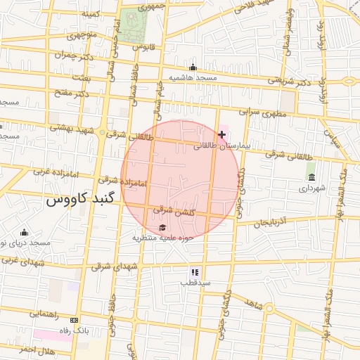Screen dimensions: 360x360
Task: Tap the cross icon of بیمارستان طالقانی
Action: (222, 134)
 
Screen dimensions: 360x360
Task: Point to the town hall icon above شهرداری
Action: (311, 176)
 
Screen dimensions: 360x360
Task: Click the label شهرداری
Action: (312, 188)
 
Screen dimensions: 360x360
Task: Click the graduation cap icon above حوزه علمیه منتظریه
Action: (163, 227)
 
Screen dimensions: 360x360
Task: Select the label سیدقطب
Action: (195, 282)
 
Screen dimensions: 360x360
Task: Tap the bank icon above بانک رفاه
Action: (75, 321)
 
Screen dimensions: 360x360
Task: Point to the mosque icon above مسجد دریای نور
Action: (25, 233)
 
